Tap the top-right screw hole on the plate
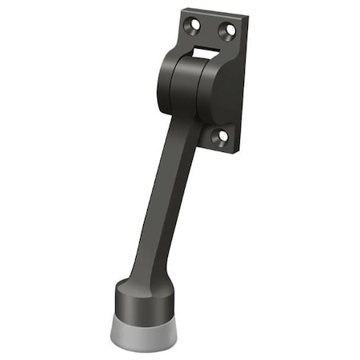pyautogui.click(x=228, y=30)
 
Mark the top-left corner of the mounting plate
pyautogui.click(x=183, y=12)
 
